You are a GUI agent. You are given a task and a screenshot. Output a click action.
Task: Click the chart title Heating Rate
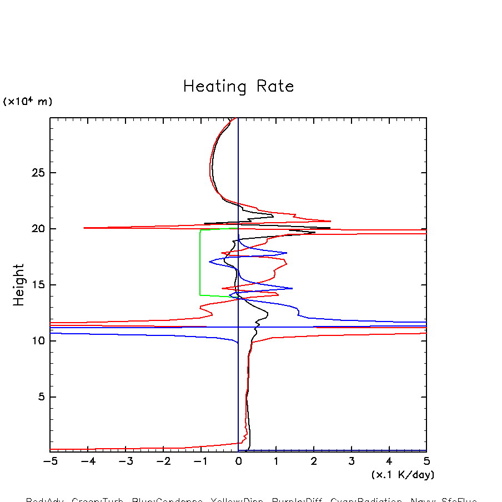[238, 87]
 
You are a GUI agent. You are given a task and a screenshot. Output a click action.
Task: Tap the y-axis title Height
[19, 284]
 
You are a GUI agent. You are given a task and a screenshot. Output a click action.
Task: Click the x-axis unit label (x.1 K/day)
[403, 475]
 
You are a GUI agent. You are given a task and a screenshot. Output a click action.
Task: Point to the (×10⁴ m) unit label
[28, 102]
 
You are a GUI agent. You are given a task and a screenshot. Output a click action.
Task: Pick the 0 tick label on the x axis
[238, 461]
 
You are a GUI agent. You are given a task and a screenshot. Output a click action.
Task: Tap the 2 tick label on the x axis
[314, 461]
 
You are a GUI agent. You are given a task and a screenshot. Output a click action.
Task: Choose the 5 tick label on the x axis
[426, 461]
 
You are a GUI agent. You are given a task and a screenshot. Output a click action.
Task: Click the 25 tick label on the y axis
[37, 173]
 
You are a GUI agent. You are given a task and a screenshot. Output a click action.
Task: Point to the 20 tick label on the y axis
[37, 229]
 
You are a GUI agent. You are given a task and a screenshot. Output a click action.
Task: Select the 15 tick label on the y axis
[37, 285]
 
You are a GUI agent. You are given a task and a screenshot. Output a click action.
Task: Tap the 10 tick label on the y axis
[37, 341]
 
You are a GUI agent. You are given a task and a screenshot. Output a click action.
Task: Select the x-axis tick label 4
[389, 461]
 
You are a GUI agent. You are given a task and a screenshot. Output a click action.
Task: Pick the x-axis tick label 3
[352, 461]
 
